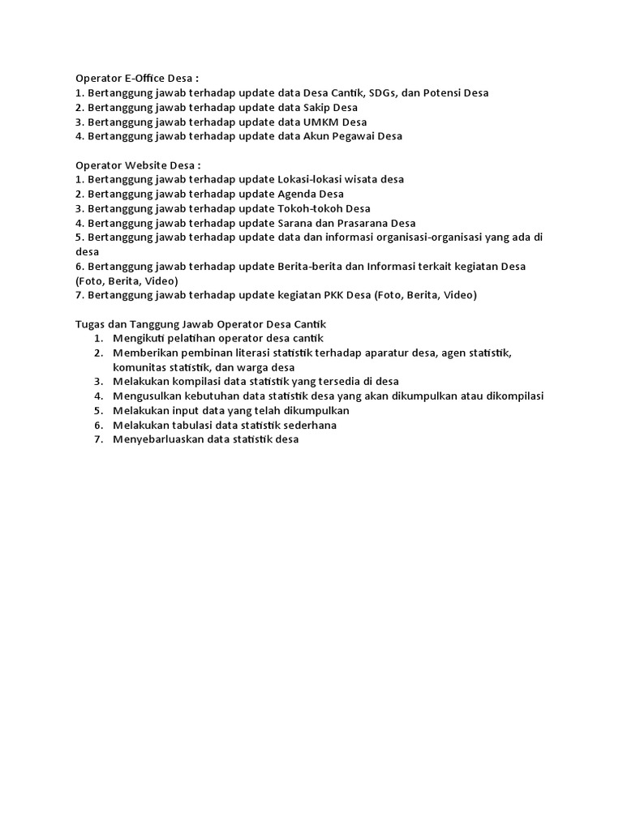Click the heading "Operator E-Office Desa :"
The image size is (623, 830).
tap(137, 79)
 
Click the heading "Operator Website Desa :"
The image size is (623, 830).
tap(138, 165)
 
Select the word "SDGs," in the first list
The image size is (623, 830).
tap(386, 93)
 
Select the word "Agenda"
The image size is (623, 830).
tap(296, 194)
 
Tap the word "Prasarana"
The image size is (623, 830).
tap(362, 223)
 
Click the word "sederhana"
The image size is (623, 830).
tap(307, 425)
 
